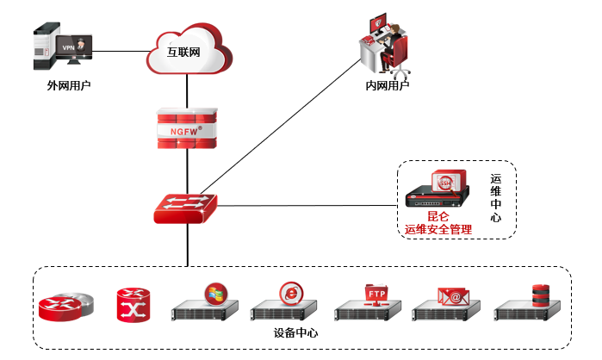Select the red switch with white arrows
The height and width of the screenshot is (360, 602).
[x=184, y=208]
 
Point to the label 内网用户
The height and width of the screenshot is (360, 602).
[x=387, y=86]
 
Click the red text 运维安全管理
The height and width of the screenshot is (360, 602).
[x=438, y=229]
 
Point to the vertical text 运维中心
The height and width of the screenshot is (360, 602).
[x=495, y=198]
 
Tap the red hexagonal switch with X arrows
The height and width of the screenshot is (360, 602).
[x=133, y=304]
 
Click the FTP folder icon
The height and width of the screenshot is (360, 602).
[x=377, y=294]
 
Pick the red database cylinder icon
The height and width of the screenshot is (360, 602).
[x=540, y=294]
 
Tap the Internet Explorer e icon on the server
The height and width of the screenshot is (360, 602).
[x=290, y=293]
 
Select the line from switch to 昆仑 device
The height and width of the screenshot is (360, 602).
[x=310, y=206]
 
